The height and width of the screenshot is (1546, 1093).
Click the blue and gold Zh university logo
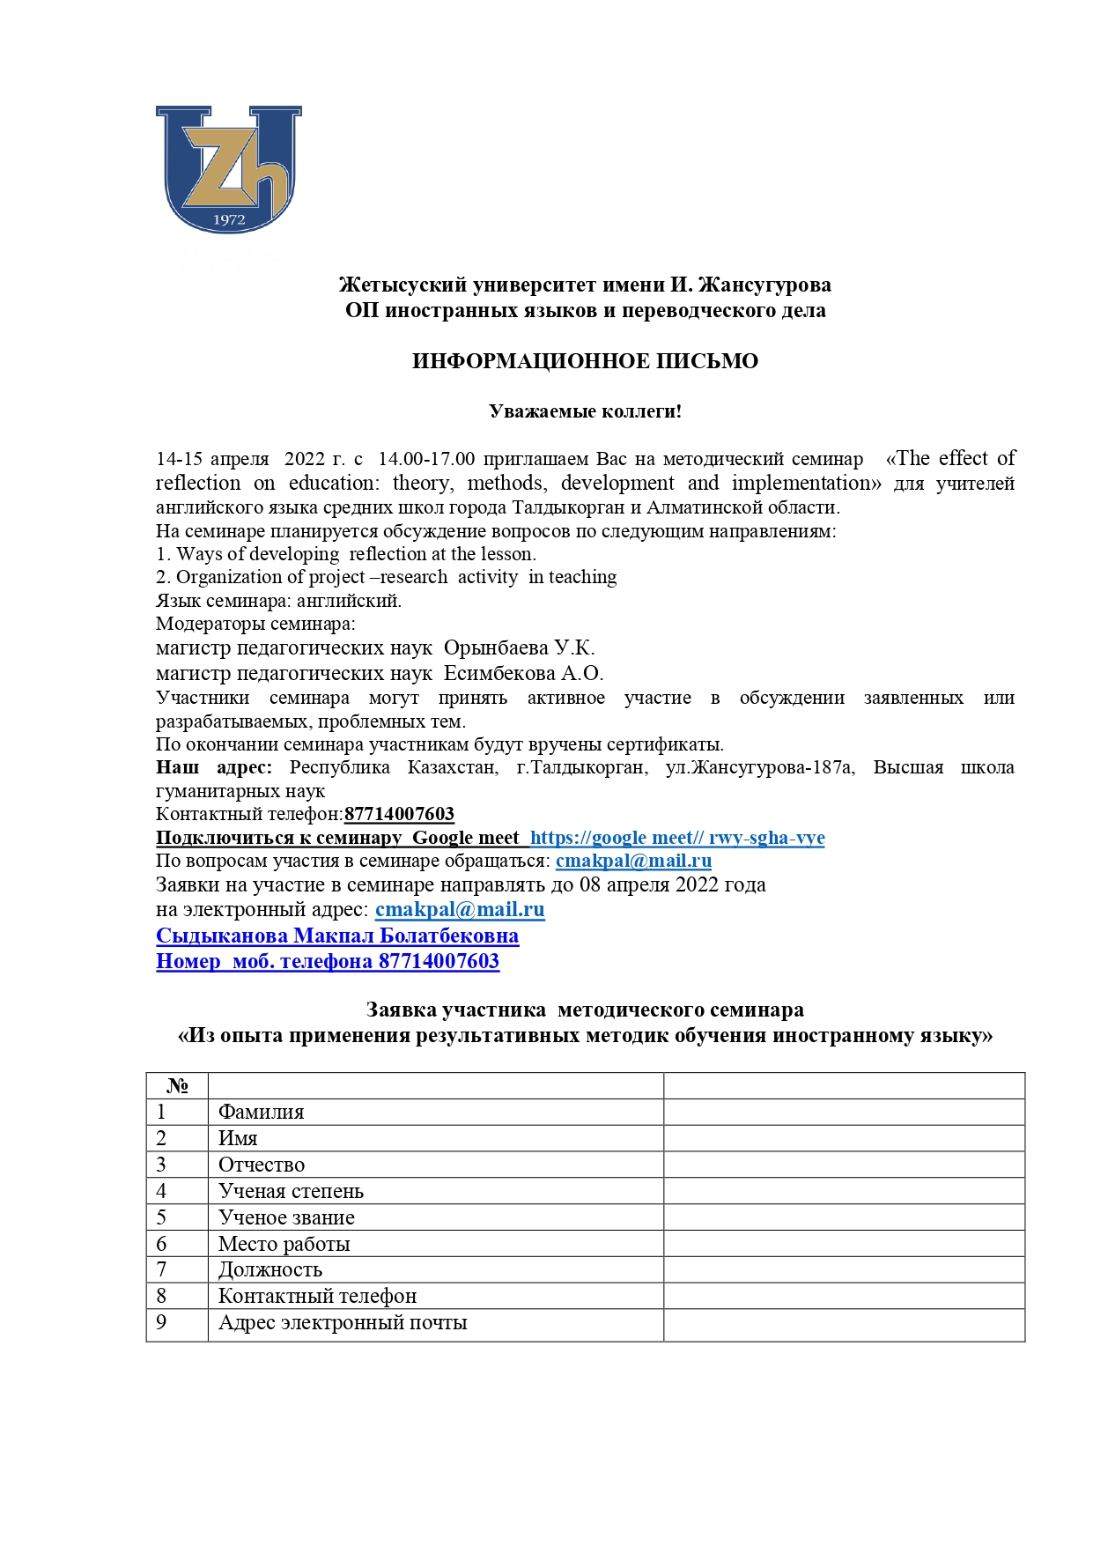click(x=229, y=169)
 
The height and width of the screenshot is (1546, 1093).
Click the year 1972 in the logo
click(x=229, y=220)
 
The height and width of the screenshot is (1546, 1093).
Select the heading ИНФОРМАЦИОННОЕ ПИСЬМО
click(x=585, y=361)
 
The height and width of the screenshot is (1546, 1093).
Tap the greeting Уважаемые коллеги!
click(x=585, y=411)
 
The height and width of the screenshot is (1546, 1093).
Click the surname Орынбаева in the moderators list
click(x=496, y=648)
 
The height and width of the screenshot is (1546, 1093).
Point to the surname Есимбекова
click(x=499, y=674)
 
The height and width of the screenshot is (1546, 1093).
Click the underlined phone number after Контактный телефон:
click(x=399, y=814)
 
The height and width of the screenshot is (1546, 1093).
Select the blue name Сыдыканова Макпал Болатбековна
click(x=337, y=936)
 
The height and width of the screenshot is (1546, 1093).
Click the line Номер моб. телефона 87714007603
click(x=328, y=961)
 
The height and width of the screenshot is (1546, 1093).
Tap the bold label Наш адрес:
click(x=214, y=767)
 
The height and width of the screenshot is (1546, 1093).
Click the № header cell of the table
click(x=177, y=1085)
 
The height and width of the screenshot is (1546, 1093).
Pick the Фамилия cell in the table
click(x=261, y=1113)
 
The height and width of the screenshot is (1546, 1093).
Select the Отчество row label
click(x=262, y=1165)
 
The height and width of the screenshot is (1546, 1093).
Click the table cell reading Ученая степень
click(x=291, y=1192)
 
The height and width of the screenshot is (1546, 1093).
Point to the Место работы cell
click(x=284, y=1244)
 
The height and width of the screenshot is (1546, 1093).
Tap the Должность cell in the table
click(x=270, y=1270)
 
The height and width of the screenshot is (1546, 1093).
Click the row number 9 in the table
click(x=161, y=1322)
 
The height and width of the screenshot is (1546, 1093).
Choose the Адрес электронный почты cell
click(x=343, y=1323)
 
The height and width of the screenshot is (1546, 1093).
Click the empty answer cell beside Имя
click(x=843, y=1138)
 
